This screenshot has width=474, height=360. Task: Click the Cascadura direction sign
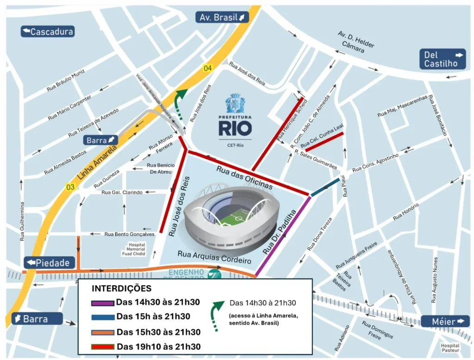pos(48,31)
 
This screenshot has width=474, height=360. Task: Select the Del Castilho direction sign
pos(443,59)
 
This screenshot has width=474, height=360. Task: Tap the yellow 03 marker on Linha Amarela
pos(70,187)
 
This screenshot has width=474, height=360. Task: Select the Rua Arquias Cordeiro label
pos(214,257)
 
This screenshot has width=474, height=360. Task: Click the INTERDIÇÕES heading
pos(122,289)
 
